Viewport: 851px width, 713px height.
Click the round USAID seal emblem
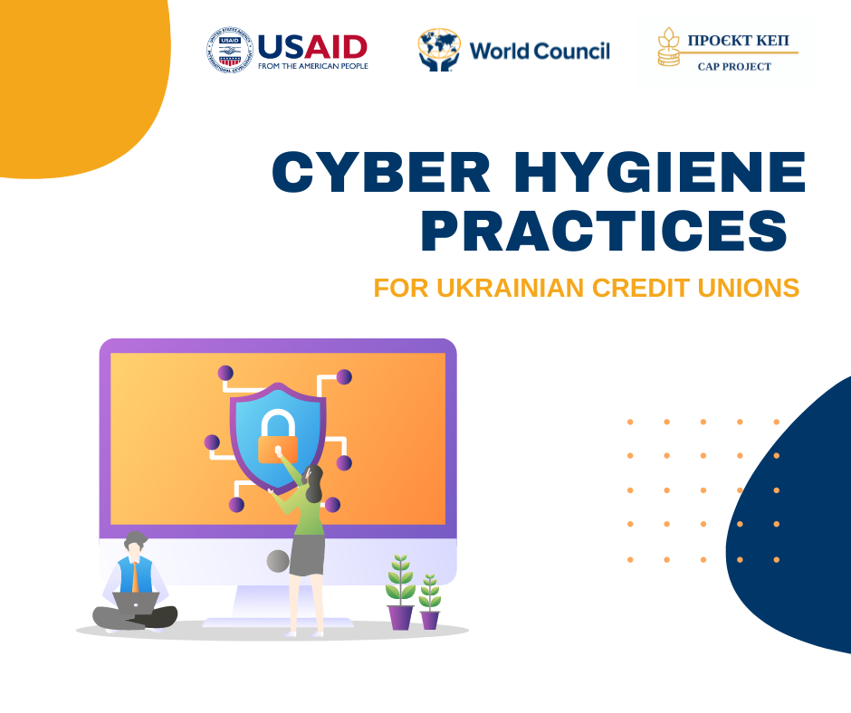point(230,50)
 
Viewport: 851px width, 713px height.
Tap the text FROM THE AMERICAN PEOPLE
point(313,66)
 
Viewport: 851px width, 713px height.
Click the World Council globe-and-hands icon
point(439,50)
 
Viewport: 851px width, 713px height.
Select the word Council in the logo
point(572,51)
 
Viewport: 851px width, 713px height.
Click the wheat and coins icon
point(669,47)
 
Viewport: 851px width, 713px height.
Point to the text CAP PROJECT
point(734,67)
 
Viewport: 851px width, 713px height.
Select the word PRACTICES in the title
point(604,231)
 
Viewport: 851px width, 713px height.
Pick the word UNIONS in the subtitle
point(749,288)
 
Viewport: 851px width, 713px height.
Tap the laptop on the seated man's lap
point(136,604)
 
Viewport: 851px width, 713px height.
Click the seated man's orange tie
point(135,578)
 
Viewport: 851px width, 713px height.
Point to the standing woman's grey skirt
point(307,555)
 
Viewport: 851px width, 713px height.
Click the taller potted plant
point(400,592)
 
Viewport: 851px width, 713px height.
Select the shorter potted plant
point(430,601)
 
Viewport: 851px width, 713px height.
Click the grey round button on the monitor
point(278,561)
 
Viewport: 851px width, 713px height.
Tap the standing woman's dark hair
point(314,483)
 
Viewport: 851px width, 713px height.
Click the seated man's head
point(135,544)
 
